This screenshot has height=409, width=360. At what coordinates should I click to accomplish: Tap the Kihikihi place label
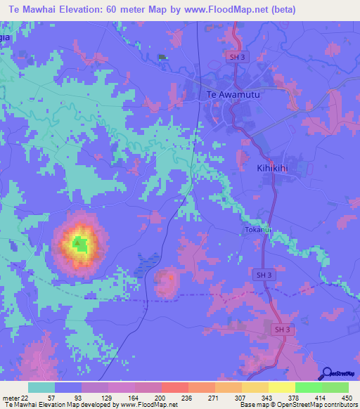coord(283,169)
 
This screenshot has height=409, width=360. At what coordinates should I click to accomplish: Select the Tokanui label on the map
coord(258,229)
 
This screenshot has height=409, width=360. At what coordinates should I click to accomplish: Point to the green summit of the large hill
coord(81,245)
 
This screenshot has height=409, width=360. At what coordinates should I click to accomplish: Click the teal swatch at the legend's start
coord(41,387)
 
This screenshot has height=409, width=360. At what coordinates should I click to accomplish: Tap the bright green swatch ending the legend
coord(335,387)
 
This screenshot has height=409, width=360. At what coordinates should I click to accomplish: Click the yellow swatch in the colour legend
coord(281,387)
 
